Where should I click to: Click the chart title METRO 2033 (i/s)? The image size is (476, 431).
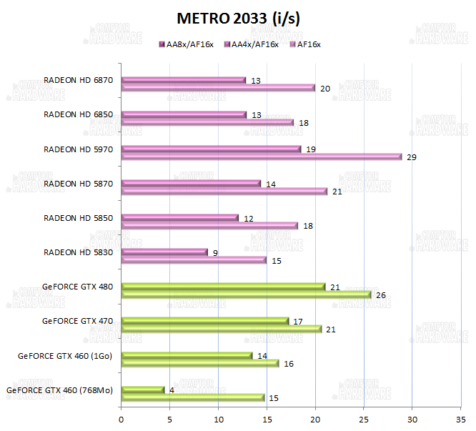coord(238,19)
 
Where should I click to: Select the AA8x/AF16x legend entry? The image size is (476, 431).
coord(188,44)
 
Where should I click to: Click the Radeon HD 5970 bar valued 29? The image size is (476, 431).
coord(262,157)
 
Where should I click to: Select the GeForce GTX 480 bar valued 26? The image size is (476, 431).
coord(247,294)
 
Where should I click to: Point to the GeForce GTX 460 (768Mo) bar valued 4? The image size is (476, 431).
coord(143,390)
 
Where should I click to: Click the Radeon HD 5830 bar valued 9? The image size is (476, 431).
coord(164,252)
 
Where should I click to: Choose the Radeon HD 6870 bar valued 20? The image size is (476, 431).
coord(218,88)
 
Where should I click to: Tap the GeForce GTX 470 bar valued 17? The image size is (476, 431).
coord(205,321)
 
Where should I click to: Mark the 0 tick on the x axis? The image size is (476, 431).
coord(122,418)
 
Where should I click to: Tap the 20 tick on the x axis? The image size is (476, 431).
coord(315,418)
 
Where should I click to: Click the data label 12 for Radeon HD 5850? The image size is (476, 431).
coord(249,218)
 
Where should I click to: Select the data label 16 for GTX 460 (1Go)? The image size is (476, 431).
coord(289,364)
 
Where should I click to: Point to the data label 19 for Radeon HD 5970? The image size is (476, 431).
coord(311,149)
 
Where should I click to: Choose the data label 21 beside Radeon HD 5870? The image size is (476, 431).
coord(337,192)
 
